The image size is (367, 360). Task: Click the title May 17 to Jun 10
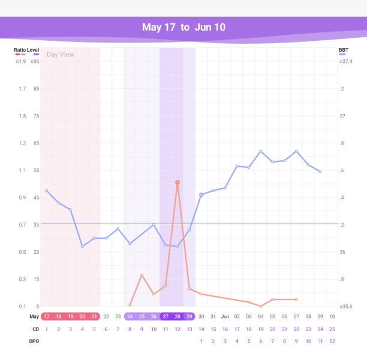(183, 28)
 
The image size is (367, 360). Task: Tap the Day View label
(61, 54)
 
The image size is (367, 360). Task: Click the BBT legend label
(344, 50)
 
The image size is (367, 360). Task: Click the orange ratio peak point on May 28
(178, 182)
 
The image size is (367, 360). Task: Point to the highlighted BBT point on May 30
(201, 194)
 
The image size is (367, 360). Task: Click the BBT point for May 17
(47, 191)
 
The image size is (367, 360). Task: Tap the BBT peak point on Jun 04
(261, 151)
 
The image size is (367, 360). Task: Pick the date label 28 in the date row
(178, 316)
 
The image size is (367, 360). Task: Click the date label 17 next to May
(47, 316)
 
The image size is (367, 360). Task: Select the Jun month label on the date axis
(225, 316)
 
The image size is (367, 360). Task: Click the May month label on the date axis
(34, 316)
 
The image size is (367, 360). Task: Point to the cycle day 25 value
(332, 329)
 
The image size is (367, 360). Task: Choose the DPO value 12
(332, 341)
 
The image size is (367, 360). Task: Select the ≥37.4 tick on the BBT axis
(345, 61)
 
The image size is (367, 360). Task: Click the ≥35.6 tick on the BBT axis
(345, 306)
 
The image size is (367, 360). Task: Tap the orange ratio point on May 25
(142, 275)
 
